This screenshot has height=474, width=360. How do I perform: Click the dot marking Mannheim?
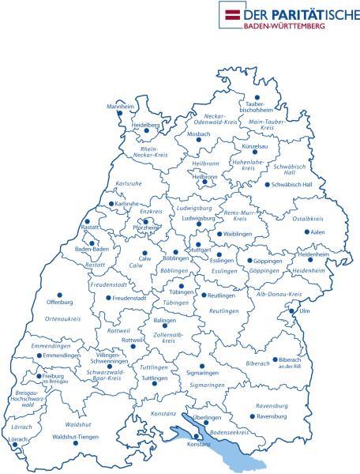120,113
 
